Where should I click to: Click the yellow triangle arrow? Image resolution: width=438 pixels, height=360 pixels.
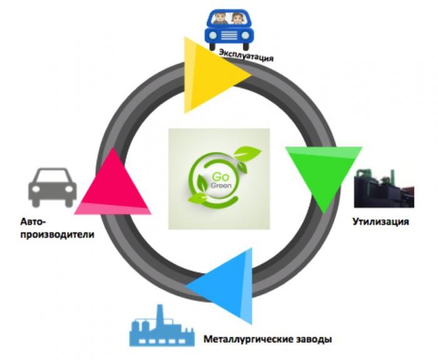[210, 75]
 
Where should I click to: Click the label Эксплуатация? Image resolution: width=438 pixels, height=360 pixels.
[246, 58]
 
